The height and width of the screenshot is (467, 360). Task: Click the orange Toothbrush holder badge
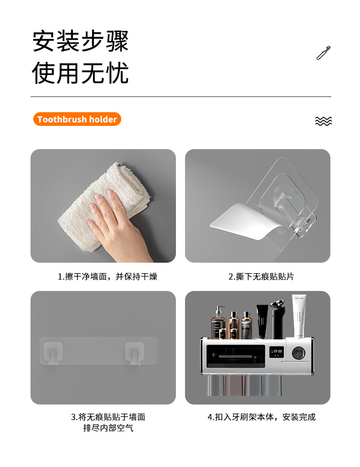[x=77, y=119]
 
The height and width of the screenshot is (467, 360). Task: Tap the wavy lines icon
[x=323, y=121]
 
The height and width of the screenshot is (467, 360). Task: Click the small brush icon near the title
[x=323, y=53]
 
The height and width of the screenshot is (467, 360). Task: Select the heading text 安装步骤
[x=80, y=41]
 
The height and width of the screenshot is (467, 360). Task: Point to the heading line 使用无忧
[x=80, y=73]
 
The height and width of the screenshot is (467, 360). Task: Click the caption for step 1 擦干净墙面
[x=108, y=276]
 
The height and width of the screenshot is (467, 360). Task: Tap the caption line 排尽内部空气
[x=108, y=428]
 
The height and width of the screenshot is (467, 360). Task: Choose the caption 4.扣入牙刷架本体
[x=261, y=417]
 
